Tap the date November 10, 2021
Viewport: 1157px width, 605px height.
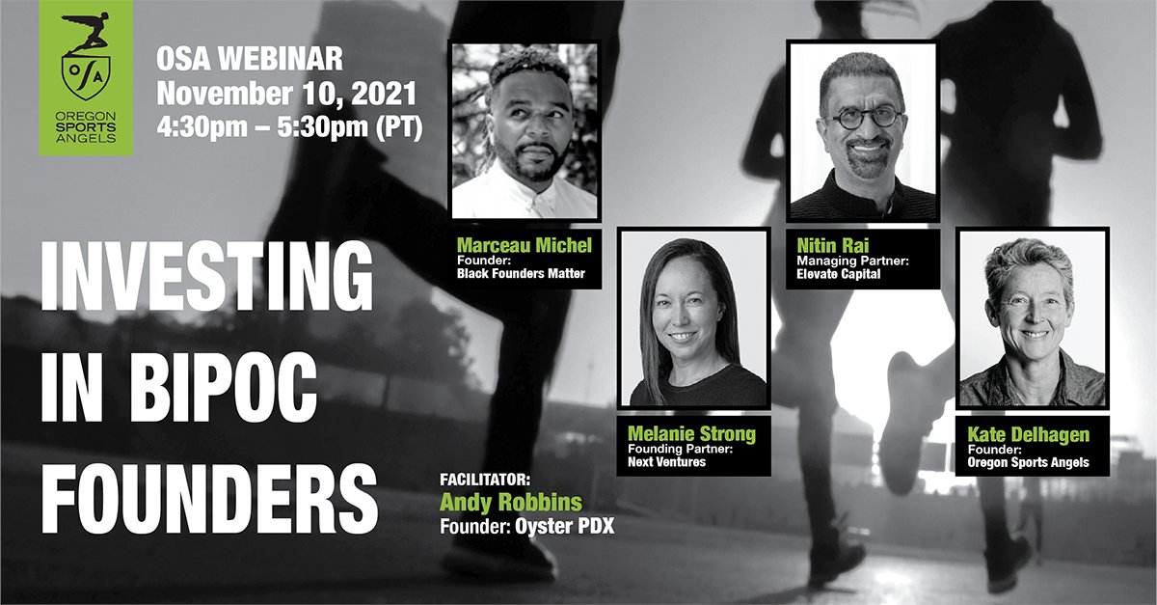click(286, 95)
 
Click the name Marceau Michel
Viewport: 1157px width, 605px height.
click(523, 244)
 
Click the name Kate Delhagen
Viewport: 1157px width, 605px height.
click(1030, 434)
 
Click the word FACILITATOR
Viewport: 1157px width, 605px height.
click(485, 479)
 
